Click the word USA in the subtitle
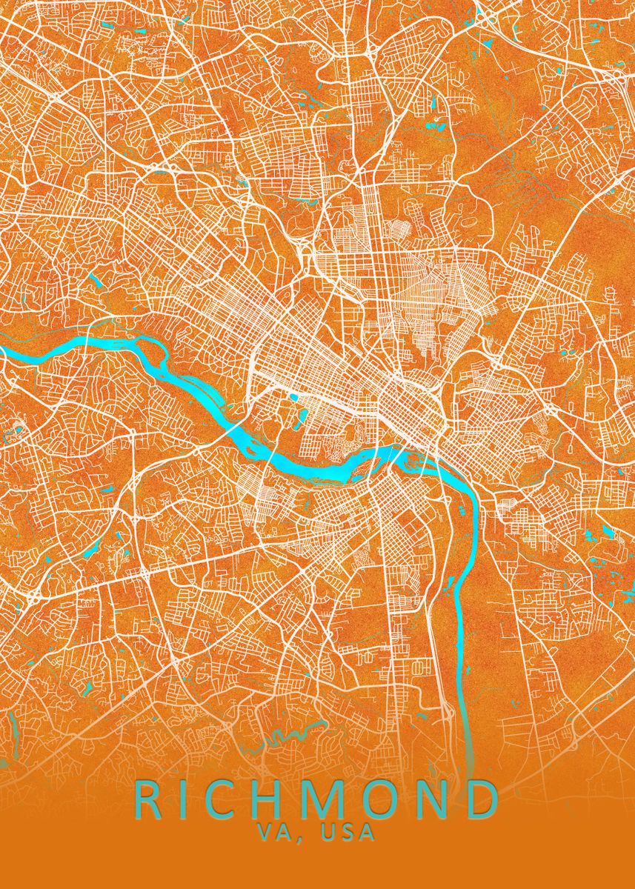[348, 833]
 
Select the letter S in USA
[348, 833]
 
